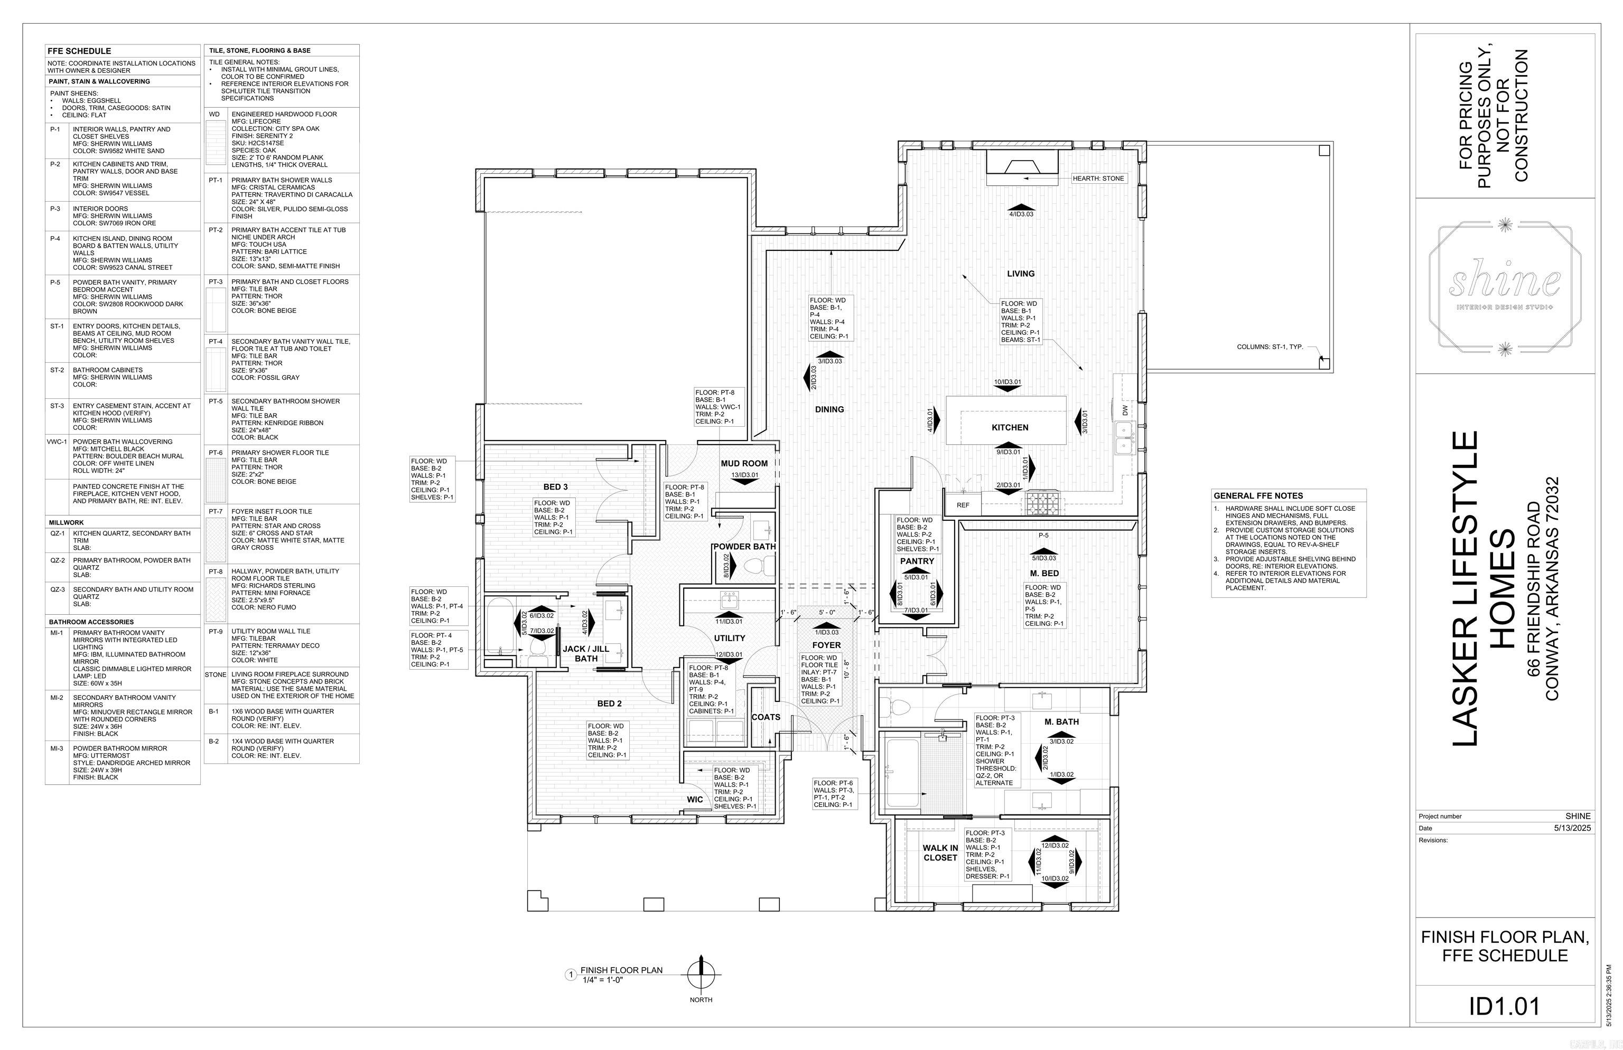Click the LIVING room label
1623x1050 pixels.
[x=1020, y=274]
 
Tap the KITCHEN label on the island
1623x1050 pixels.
[x=1009, y=427]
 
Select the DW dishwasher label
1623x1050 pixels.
[x=1124, y=410]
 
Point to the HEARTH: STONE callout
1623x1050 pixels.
[x=1098, y=179]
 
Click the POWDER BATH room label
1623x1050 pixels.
[x=744, y=546]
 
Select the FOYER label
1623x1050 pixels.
[x=826, y=645]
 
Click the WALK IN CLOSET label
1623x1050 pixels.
[x=940, y=853]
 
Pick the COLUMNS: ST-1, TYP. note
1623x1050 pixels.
[x=1269, y=347]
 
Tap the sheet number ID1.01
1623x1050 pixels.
[x=1504, y=1006]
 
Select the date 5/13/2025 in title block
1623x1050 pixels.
[x=1572, y=828]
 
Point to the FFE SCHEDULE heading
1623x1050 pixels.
[x=79, y=51]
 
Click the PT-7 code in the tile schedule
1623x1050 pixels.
[x=216, y=511]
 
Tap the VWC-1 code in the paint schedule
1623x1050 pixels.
[x=57, y=442]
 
